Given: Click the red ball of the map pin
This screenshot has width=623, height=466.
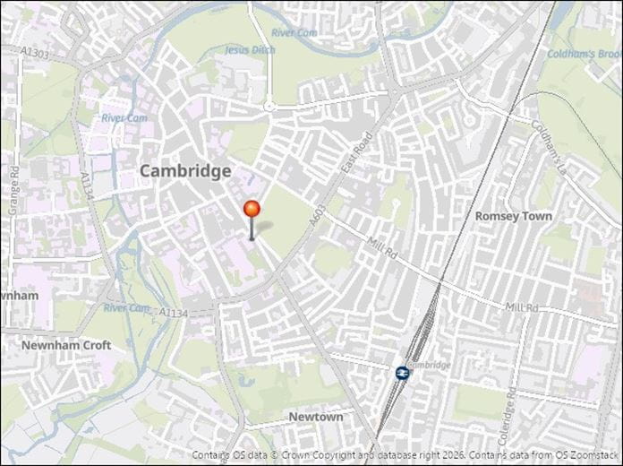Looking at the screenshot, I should pyautogui.click(x=252, y=210).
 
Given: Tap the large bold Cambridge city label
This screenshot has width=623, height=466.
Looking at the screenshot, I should pyautogui.click(x=184, y=170).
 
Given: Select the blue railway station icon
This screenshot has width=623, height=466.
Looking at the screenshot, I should pyautogui.click(x=402, y=372).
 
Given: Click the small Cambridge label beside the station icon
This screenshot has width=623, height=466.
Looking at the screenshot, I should pyautogui.click(x=427, y=365).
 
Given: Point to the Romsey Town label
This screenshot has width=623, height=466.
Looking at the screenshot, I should pyautogui.click(x=513, y=216).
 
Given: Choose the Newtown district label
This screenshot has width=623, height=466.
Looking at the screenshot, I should pyautogui.click(x=315, y=418).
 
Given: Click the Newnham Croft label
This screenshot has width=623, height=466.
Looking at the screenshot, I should pyautogui.click(x=66, y=345).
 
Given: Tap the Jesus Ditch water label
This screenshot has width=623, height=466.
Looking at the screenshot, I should pyautogui.click(x=250, y=49).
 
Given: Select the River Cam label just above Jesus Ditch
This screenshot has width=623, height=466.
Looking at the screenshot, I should pyautogui.click(x=294, y=33).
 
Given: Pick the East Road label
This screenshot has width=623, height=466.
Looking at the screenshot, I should pyautogui.click(x=355, y=153).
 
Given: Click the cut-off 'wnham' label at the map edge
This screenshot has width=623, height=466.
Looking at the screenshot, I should pyautogui.click(x=20, y=296).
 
